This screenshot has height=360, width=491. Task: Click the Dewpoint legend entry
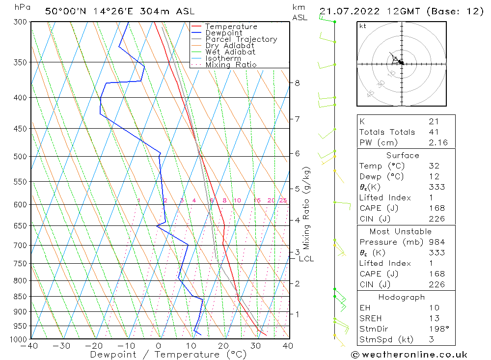(223, 33)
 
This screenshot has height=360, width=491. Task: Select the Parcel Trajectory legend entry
(241, 39)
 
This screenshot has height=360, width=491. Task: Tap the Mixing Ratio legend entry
(231, 65)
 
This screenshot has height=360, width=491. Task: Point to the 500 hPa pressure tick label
(21, 156)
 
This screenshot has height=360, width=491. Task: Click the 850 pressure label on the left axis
(21, 297)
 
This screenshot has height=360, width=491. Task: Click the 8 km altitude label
(297, 83)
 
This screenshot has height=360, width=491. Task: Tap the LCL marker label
(306, 259)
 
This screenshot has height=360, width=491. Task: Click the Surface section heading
(403, 156)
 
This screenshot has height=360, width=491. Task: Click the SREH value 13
(434, 318)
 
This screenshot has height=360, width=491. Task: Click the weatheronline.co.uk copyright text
(409, 355)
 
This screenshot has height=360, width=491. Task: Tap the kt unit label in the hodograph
(363, 26)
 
